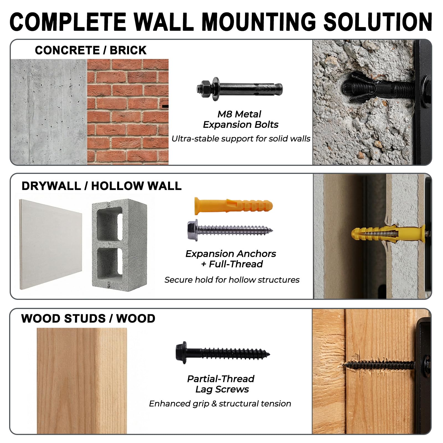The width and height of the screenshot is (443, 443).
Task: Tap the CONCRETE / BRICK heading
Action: tap(91, 50)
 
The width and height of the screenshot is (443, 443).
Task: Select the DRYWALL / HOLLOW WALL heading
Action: tap(102, 186)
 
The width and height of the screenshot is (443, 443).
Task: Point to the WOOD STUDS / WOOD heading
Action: tap(88, 318)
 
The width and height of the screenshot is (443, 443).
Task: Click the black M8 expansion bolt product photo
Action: tap(240, 89)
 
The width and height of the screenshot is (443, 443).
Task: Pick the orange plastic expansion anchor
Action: tap(233, 206)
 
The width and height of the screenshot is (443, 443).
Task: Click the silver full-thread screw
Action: tap(230, 230)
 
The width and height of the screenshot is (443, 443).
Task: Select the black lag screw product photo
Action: tap(223, 352)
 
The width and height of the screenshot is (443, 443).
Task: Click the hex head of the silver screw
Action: tap(193, 230)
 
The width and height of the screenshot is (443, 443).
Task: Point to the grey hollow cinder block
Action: tap(120, 245)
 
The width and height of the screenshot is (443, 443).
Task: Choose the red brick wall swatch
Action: tap(128, 112)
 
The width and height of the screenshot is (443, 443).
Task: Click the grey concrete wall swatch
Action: tap(49, 112)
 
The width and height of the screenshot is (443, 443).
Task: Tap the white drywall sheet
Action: tap(51, 244)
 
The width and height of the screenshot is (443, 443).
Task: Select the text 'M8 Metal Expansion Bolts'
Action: tap(240, 119)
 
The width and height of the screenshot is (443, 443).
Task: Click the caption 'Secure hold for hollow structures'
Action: tap(232, 280)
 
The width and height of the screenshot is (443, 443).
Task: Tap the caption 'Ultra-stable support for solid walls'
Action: tap(241, 139)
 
